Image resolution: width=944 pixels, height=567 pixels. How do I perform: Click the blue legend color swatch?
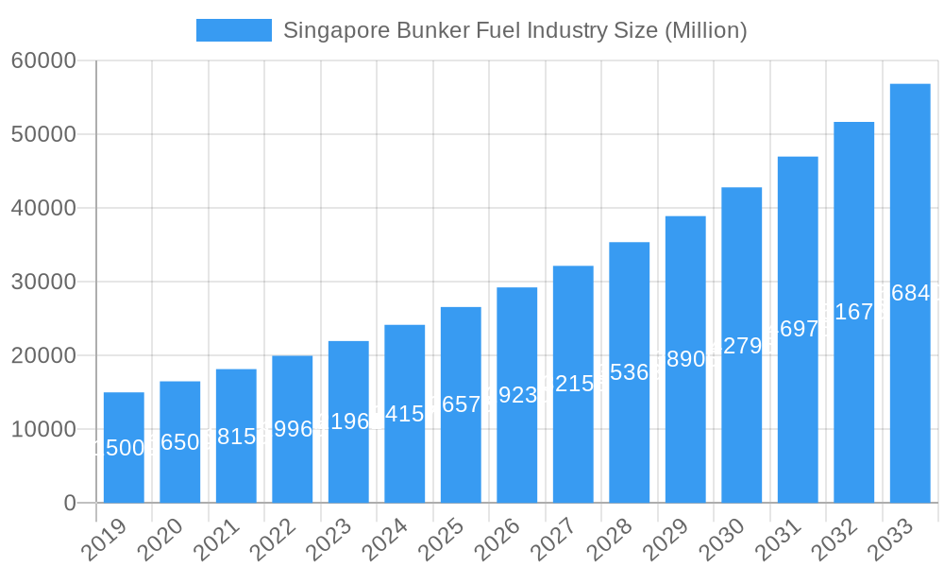233,30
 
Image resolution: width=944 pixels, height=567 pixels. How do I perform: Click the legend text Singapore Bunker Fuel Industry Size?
514,30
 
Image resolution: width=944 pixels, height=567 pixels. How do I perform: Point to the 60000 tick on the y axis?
43,60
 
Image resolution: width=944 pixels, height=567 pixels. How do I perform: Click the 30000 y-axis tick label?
43,282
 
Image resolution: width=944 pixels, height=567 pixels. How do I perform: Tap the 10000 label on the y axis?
43,429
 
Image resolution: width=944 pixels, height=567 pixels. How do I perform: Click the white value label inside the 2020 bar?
179,441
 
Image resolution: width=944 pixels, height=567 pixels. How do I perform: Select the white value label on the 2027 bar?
573,384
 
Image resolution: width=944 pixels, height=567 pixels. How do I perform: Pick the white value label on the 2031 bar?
798,329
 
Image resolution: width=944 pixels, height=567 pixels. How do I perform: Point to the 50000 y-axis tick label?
43,134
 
